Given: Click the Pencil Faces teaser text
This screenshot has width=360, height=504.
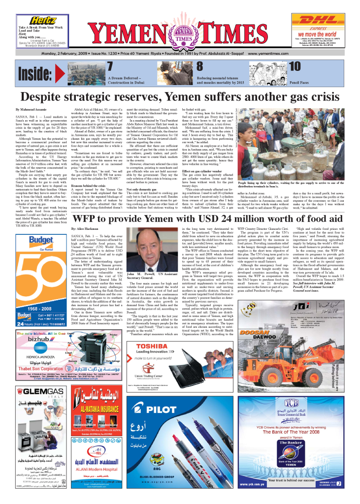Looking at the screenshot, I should point(314,83).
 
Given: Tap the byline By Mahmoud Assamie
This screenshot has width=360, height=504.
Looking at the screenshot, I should point(33,109).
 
